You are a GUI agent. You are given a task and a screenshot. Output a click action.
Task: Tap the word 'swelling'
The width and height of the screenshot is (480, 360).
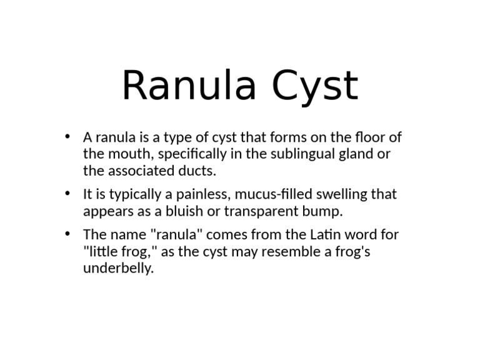pyautogui.click(x=337, y=195)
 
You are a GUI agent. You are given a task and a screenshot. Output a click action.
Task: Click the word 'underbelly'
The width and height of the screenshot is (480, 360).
pyautogui.click(x=117, y=269)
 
